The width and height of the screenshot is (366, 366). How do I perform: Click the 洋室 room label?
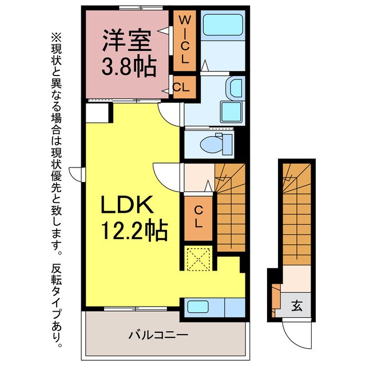(127, 42)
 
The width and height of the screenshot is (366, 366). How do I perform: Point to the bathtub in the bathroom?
(224, 26)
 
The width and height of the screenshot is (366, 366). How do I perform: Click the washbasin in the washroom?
(235, 89)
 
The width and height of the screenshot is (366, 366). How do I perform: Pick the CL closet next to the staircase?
(198, 216)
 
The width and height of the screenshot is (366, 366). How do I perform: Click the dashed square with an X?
(198, 260)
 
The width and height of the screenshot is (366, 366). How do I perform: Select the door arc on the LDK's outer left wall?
(75, 172)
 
